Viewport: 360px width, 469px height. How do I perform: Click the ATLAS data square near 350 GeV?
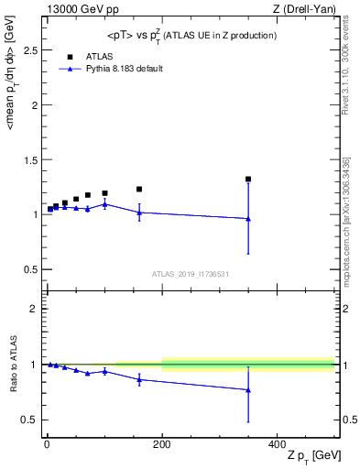tap(248, 180)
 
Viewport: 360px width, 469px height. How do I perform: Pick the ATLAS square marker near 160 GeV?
tap(139, 190)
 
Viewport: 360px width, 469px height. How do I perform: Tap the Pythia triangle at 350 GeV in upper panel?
tap(248, 219)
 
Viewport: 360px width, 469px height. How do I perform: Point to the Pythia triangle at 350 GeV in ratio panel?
tap(248, 390)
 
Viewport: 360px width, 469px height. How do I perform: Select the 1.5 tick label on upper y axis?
tap(30, 159)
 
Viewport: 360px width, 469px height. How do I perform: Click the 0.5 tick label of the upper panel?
tap(30, 269)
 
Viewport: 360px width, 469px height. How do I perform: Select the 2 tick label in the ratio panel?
tap(34, 309)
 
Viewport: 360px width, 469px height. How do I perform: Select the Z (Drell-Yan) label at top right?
tap(307, 8)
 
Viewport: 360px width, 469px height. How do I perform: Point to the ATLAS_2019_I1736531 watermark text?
tap(191, 274)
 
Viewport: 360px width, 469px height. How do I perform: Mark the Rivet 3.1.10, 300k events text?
tap(350, 73)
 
